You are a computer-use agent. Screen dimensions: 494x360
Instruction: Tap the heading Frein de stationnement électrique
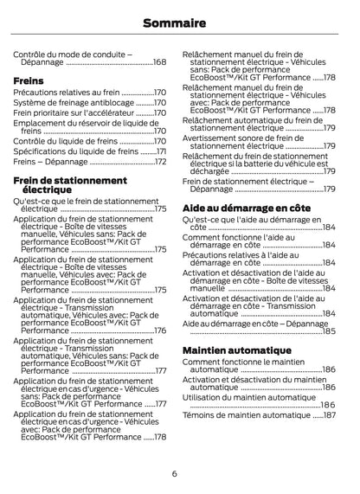(72, 184)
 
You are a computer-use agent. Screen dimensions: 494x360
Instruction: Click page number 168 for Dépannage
(160, 62)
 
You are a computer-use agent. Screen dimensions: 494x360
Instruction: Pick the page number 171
(160, 151)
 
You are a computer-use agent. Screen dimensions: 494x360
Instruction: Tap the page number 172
(160, 162)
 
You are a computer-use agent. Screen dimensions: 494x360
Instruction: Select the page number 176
(160, 330)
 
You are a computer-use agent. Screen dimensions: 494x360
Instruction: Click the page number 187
(329, 415)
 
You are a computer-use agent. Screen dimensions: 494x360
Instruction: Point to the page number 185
(329, 330)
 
